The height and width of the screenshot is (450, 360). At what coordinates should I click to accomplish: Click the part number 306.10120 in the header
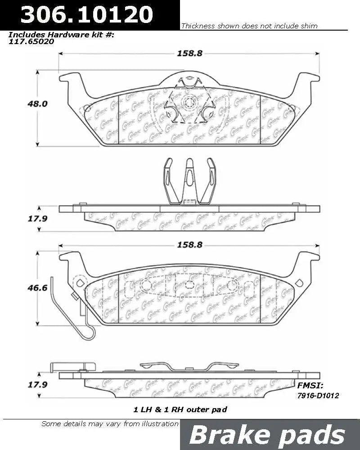coord(87,14)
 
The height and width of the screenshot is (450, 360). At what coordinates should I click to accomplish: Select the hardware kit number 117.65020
coord(31,41)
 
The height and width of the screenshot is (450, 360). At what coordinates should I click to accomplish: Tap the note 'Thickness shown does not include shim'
coord(249,26)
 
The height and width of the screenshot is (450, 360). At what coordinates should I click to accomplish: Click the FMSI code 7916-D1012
coord(318,395)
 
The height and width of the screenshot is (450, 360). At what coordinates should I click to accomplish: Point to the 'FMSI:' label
coord(310,385)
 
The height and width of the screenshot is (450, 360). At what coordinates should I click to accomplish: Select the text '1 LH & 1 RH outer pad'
coord(180,409)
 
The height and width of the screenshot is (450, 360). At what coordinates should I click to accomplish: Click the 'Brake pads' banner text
coord(267,435)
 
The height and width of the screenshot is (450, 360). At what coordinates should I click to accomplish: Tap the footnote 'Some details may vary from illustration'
coord(110,423)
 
